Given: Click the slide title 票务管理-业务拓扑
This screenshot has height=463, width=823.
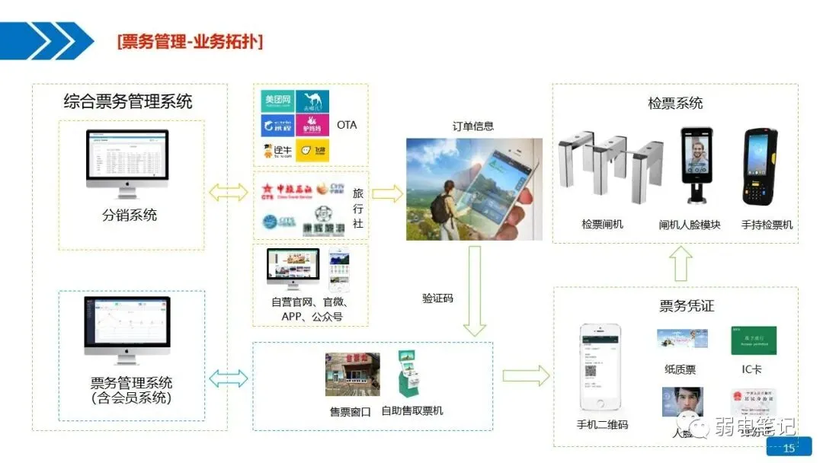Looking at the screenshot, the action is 190,41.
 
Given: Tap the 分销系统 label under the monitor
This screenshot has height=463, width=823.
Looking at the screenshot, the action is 130,216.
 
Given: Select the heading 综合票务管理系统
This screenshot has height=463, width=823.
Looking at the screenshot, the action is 128,101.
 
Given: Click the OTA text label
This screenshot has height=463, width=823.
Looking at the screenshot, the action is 346,125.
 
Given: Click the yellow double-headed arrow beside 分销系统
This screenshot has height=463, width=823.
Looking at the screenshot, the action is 229,193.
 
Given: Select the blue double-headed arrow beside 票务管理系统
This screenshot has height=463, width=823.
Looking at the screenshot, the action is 229,378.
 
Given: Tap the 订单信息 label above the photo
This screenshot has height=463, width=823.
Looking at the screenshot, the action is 472,126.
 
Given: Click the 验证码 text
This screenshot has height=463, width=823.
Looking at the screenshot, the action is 437,299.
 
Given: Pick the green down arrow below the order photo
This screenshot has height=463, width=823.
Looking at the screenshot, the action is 475,289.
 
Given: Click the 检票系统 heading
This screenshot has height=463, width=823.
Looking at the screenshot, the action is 675,103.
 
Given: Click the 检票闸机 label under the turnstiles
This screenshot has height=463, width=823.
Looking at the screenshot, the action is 602,225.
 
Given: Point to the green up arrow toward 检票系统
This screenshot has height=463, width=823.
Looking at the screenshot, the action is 681,263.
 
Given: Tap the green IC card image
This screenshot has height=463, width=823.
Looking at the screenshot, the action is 753,340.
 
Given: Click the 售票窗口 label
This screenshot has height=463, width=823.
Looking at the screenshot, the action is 350,412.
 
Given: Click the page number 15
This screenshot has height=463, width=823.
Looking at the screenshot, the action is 789,448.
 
